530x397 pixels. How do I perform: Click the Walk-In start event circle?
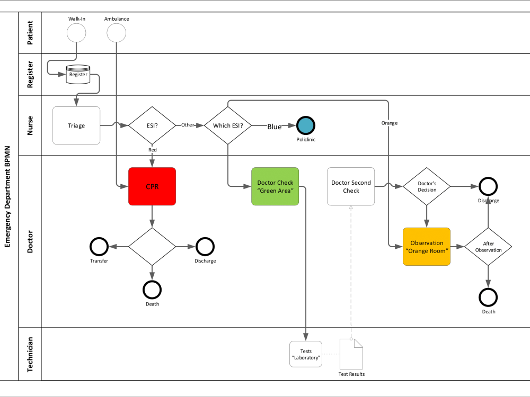[76, 33]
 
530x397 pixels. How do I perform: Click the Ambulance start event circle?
[116, 33]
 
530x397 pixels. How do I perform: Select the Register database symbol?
[78, 75]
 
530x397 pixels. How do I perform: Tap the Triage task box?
[76, 125]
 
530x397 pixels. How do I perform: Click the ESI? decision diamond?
[152, 125]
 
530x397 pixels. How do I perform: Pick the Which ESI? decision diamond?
[227, 125]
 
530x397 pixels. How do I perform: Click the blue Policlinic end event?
[306, 125]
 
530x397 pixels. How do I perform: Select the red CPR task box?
[152, 186]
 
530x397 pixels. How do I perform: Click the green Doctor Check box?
[275, 186]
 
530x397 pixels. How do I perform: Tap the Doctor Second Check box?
[351, 186]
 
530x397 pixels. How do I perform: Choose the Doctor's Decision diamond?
[427, 186]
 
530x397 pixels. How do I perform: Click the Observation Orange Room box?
[427, 247]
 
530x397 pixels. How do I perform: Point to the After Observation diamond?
[488, 247]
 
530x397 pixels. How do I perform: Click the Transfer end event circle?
[99, 246]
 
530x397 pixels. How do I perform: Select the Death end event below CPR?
[152, 290]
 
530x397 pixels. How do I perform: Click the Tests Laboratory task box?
[306, 354]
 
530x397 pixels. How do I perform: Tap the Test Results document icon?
[351, 354]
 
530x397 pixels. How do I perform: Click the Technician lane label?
[30, 354]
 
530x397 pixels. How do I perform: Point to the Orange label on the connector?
[389, 123]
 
